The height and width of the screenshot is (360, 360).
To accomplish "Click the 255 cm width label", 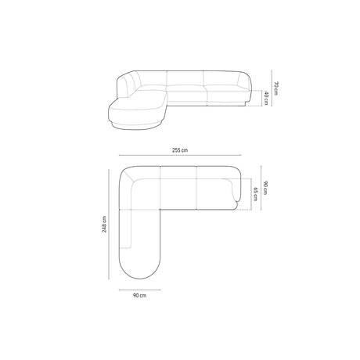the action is click(180, 150).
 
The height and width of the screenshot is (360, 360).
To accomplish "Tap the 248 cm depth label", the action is click(104, 224).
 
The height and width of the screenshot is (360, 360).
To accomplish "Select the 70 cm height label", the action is click(276, 88).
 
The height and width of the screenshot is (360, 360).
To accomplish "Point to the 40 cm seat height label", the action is click(266, 98).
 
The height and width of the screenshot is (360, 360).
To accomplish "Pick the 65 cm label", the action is click(255, 194).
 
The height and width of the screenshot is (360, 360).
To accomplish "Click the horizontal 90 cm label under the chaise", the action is click(139, 295).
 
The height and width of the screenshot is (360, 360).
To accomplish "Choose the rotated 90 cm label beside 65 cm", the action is click(265, 188).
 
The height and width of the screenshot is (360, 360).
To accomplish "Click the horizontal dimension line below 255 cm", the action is click(180, 155).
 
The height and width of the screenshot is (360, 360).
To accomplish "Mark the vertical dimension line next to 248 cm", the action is click(109, 224).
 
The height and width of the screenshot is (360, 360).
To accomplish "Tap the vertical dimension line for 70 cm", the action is click(272, 88).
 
